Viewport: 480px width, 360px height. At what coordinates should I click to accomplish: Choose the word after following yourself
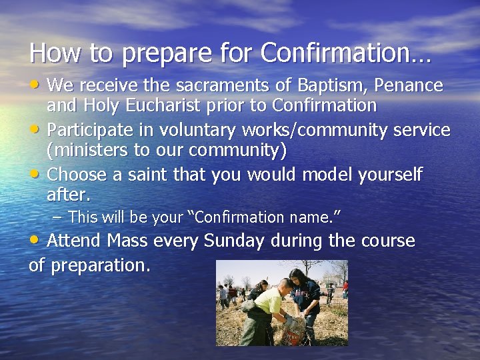(x=67, y=195)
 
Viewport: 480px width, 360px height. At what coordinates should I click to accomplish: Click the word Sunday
(x=234, y=241)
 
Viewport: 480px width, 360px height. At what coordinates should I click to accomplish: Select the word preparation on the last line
(x=100, y=265)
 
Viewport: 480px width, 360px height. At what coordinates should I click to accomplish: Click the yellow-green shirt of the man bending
(x=269, y=304)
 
